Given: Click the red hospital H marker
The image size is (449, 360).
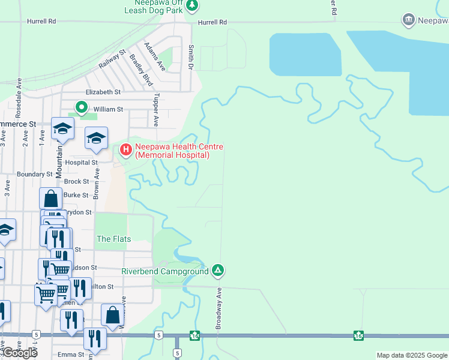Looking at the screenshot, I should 126,149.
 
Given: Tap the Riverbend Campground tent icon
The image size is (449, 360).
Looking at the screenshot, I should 218,271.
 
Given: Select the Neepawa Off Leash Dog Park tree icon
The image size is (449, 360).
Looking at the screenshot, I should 192,6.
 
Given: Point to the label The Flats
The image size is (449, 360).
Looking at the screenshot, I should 113,239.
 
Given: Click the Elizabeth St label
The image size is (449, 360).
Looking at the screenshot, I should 103,92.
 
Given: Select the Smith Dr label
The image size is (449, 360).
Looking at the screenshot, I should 191,57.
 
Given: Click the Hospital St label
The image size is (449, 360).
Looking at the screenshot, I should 82,163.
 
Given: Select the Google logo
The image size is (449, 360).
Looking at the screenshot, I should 20,353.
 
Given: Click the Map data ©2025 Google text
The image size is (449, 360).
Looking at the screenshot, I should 411,355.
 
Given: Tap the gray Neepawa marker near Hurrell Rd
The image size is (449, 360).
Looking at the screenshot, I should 409,20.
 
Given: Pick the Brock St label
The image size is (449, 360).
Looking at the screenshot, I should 76,181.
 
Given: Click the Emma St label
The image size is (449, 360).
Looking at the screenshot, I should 71,355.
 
